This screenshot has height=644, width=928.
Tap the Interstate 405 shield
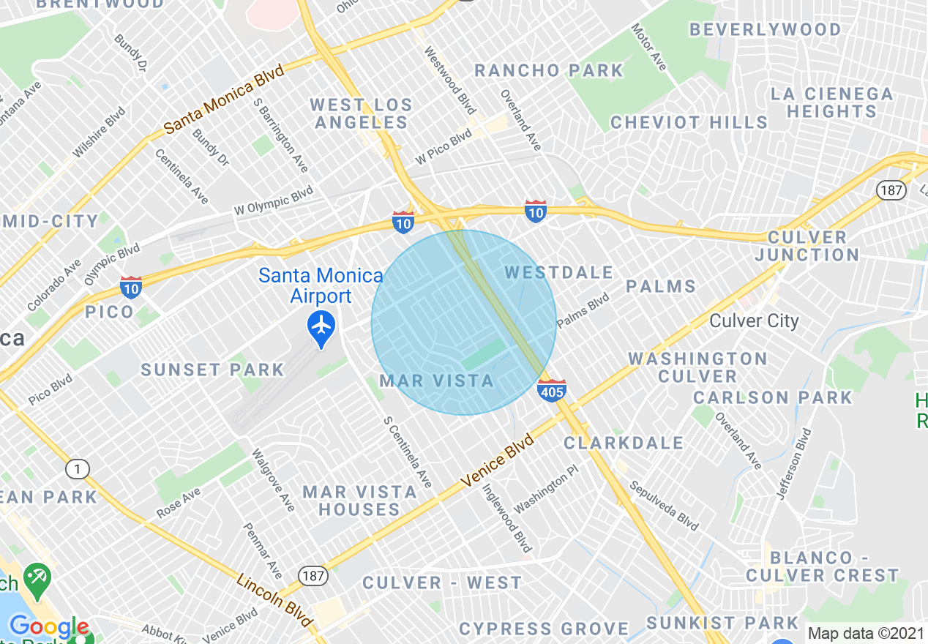pyautogui.click(x=551, y=390)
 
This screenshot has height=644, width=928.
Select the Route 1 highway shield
pyautogui.click(x=77, y=468)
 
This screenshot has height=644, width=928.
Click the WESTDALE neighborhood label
pyautogui.click(x=559, y=273)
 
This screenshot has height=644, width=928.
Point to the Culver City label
pyautogui.click(x=754, y=321)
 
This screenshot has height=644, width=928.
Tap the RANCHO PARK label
pyautogui.click(x=548, y=71)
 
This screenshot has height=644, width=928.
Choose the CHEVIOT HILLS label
pyautogui.click(x=689, y=122)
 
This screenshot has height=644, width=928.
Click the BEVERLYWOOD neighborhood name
pyautogui.click(x=765, y=30)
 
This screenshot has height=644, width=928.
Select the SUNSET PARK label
pyautogui.click(x=212, y=370)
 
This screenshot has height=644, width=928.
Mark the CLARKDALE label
pyautogui.click(x=624, y=443)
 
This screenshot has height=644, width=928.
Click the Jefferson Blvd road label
pyautogui.click(x=795, y=464)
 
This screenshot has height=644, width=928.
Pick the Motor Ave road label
pyautogui.click(x=649, y=48)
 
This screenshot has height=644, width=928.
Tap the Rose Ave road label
pyautogui.click(x=178, y=504)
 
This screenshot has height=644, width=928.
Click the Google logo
pyautogui.click(x=48, y=627)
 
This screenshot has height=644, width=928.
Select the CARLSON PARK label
pyautogui.click(x=773, y=397)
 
